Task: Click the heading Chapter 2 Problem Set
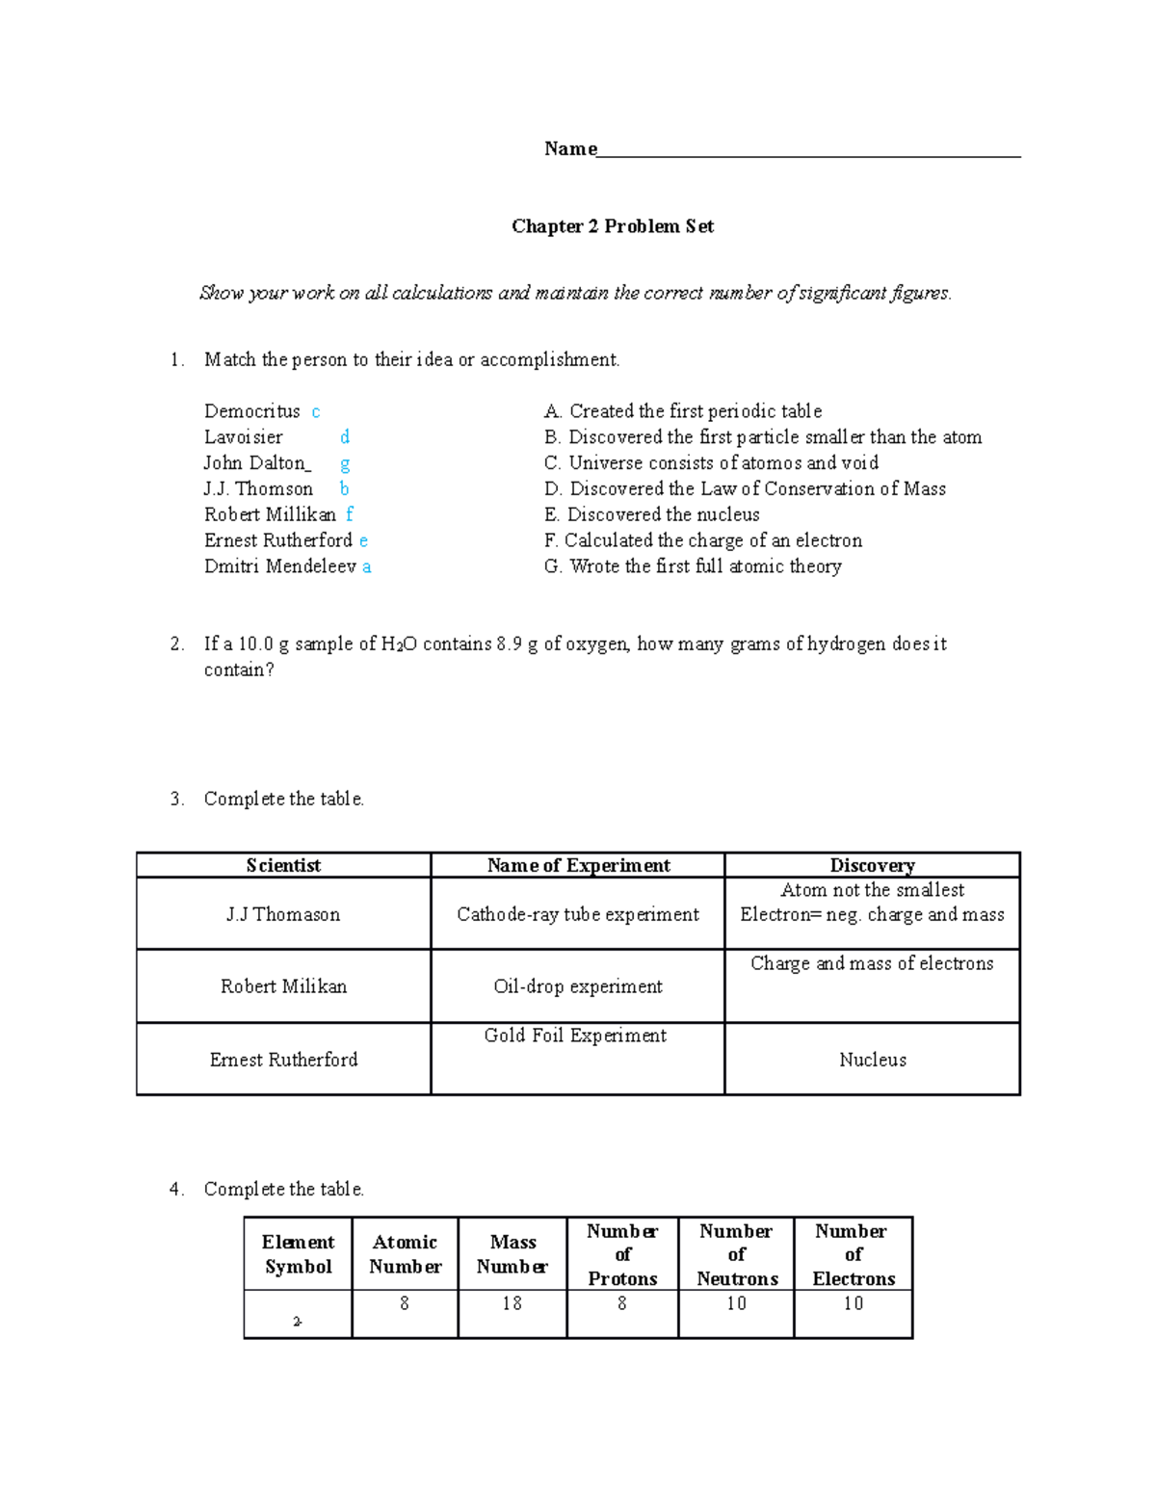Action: [613, 226]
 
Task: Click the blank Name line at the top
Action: [809, 149]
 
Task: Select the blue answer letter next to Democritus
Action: [316, 412]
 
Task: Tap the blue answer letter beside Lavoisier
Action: [345, 437]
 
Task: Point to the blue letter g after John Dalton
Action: [345, 463]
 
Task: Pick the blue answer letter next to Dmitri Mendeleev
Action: [367, 567]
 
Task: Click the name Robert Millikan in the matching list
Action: [270, 514]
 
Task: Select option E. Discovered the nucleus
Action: [652, 514]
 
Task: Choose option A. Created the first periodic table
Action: [683, 411]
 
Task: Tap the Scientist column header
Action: [283, 865]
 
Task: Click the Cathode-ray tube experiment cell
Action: [578, 914]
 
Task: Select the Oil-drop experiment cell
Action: [578, 986]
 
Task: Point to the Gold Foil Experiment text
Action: [575, 1036]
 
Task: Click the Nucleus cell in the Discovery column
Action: [873, 1060]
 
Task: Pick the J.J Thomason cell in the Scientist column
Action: [283, 914]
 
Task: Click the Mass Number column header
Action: [512, 1254]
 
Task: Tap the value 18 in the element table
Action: [512, 1303]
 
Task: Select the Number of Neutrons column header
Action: [737, 1254]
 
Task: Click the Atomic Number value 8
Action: [405, 1303]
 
